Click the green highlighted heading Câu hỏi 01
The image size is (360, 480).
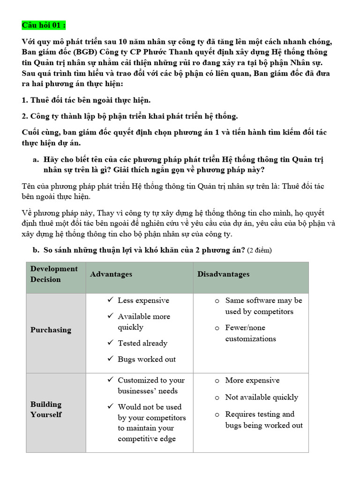coord(47,24)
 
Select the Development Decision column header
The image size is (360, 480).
coord(54,274)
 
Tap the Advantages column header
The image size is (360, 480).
coord(111,274)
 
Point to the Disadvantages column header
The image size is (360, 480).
coord(223,274)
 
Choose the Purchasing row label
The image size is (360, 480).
coord(51,330)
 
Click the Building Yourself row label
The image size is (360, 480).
coord(46,409)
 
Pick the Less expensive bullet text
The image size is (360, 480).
coord(143,300)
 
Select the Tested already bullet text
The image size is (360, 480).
coord(142,343)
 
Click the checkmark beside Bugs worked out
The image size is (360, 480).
coord(110,359)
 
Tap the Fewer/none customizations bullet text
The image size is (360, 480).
coord(251,333)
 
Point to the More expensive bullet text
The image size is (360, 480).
coord(252,380)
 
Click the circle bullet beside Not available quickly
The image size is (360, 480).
coord(217,397)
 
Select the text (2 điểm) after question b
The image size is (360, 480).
coord(259,250)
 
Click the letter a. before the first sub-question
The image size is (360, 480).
coord(36,159)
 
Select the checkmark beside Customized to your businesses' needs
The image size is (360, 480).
coord(110,380)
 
